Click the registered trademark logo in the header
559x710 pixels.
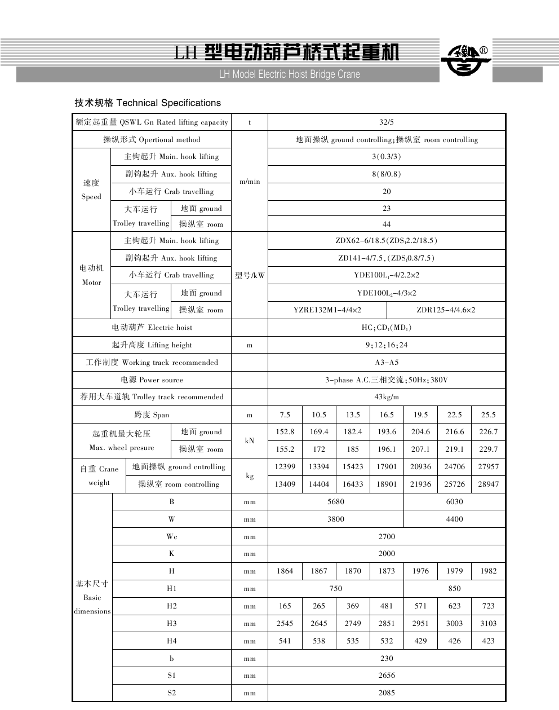[x=465, y=60]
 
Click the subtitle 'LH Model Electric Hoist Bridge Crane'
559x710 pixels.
[x=289, y=74]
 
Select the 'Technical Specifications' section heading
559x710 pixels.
[x=148, y=103]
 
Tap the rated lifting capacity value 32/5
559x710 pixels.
[x=387, y=122]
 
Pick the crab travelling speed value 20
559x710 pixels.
[x=387, y=191]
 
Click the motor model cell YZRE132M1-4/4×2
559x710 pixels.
[x=327, y=310]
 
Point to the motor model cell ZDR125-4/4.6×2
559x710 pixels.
[x=446, y=310]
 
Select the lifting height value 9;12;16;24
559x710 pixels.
[x=387, y=345]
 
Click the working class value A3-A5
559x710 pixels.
[x=387, y=362]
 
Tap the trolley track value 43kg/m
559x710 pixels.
[x=387, y=396]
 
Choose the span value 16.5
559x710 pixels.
[x=387, y=414]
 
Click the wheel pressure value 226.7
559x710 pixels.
[x=488, y=431]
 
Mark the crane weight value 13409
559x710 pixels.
[x=285, y=484]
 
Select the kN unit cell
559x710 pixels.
[x=250, y=440]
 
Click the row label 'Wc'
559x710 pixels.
[x=172, y=536]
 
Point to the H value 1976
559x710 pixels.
[x=420, y=571]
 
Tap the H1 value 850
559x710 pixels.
[x=454, y=588]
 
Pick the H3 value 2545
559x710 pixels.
[x=285, y=623]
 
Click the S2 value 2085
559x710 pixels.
[x=387, y=693]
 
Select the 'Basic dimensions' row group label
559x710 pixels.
[x=92, y=597]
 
